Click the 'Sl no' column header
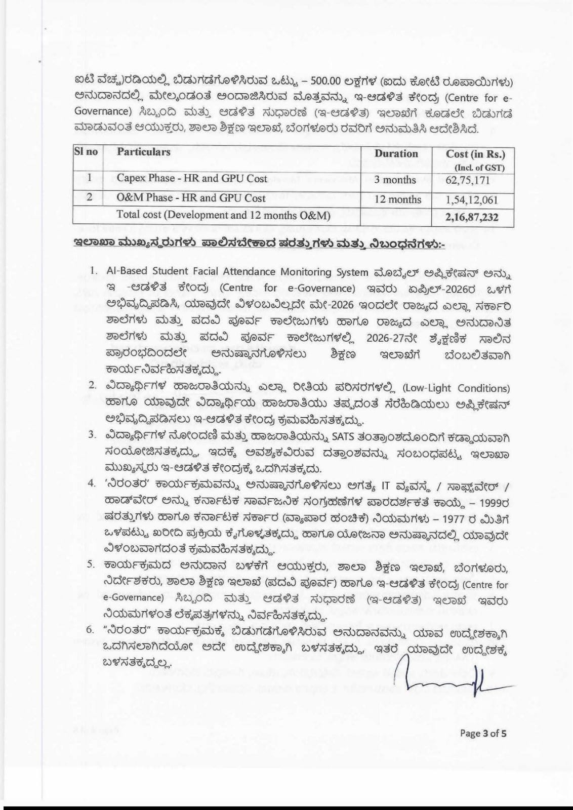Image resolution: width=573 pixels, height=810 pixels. point(86,151)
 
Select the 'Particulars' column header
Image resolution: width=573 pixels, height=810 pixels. point(144,151)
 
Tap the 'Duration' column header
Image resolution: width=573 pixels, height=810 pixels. point(396,153)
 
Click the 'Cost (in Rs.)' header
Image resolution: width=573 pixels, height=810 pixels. point(475,154)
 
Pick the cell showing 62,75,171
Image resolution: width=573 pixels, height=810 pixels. point(472,181)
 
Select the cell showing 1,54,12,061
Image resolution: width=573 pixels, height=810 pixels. point(472,199)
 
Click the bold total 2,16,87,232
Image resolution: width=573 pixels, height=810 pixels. point(472,217)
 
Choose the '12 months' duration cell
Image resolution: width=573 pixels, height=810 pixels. point(397,199)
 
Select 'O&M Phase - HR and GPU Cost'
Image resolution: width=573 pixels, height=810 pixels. point(191,198)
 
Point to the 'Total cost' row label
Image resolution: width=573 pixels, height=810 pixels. point(223,215)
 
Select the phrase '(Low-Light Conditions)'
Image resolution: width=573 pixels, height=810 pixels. point(456,388)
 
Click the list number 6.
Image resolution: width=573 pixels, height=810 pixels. point(91,630)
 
